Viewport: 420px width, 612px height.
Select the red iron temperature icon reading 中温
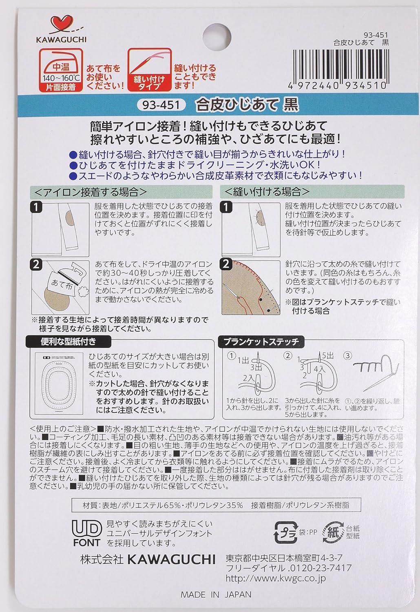pos(61,69)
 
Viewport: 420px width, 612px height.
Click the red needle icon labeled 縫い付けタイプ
pos(149,69)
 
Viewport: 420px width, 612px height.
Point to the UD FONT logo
pos(86,533)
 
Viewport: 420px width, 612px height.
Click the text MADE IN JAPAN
pos(216,594)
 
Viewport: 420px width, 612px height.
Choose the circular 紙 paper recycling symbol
pos(333,532)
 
